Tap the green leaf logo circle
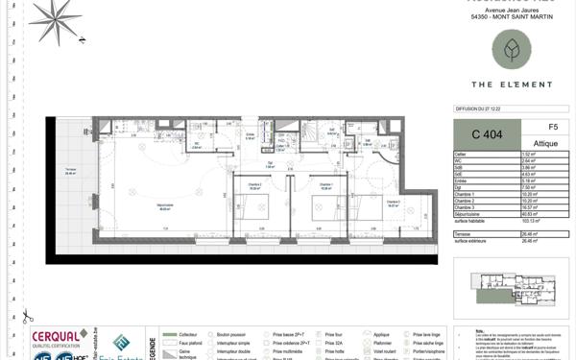tap(511, 49)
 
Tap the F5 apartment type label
tap(552, 127)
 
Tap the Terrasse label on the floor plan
tap(70, 174)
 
